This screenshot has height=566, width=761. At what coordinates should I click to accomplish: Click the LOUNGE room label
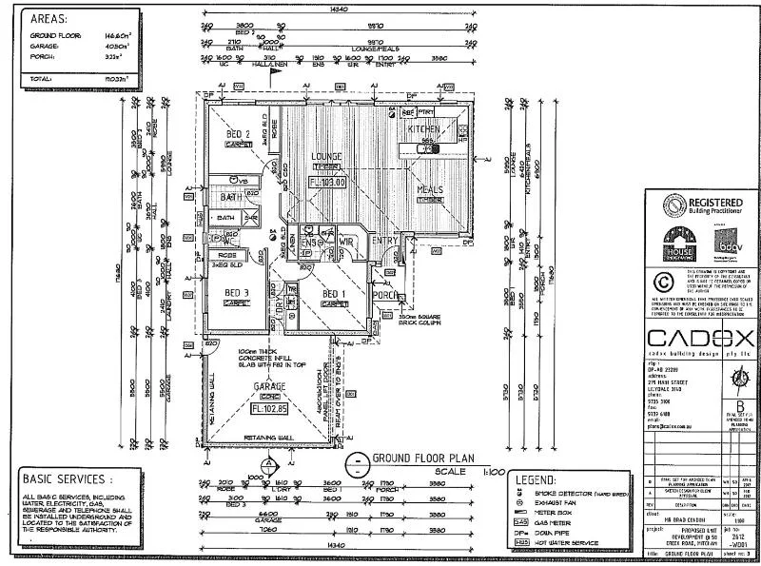(326, 157)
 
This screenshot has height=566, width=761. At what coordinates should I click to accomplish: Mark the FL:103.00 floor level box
(326, 182)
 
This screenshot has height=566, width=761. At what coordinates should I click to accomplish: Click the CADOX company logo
(700, 339)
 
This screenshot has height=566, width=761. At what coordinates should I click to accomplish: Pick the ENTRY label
(384, 241)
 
